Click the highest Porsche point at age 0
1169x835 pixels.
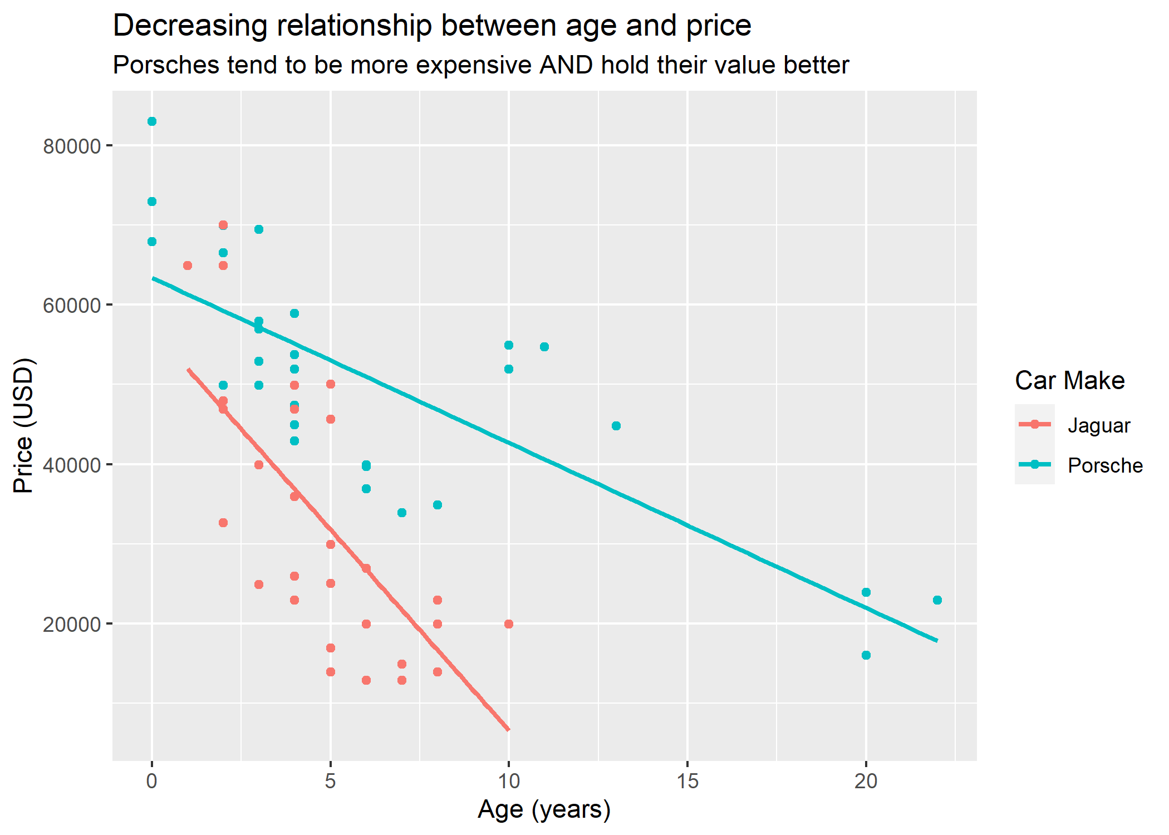point(152,121)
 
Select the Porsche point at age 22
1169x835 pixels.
point(937,600)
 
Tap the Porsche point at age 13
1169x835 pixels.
point(616,426)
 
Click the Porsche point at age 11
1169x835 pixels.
point(544,347)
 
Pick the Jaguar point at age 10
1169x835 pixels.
point(508,624)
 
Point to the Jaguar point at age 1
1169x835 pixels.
point(188,266)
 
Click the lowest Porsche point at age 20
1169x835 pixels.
point(866,655)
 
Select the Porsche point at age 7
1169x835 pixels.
point(402,513)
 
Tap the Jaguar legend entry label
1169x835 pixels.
point(1098,426)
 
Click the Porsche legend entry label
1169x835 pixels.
point(1104,465)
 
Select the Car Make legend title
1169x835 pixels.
point(1069,381)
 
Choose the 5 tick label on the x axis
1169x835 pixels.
point(330,782)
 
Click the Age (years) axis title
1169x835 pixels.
point(544,809)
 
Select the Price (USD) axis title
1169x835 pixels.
point(24,426)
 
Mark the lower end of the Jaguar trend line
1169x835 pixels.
point(508,729)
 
